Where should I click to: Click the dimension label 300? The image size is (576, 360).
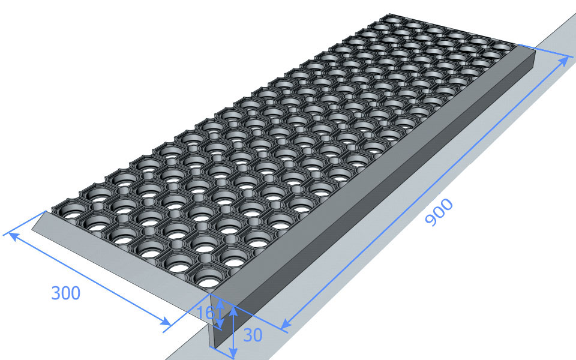point(66,293)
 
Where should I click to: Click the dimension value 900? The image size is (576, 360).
point(439,212)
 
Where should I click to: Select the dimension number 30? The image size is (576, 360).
point(253,335)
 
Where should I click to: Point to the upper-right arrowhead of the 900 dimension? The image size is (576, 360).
point(564,62)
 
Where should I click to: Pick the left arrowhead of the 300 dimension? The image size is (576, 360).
point(13,236)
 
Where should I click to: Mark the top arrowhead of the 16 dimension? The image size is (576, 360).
point(220,303)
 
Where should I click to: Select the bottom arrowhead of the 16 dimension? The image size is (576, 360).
point(220,323)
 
